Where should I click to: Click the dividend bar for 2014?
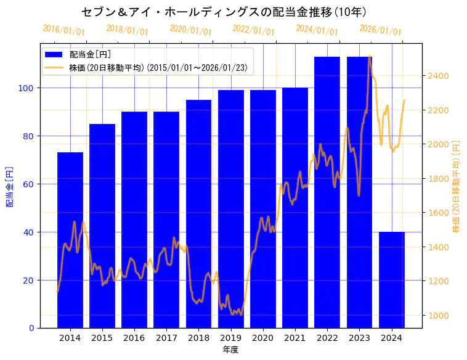click(70, 240)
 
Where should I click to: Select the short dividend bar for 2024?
click(392, 280)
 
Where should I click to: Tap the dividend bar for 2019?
click(231, 209)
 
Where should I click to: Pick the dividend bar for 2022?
click(327, 192)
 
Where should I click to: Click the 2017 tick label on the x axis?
click(166, 338)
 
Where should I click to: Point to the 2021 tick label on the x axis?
click(295, 338)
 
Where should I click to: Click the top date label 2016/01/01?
click(64, 30)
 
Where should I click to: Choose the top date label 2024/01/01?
click(317, 30)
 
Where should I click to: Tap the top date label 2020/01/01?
click(190, 30)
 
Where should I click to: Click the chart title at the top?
click(224, 12)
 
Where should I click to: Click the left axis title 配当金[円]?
click(9, 186)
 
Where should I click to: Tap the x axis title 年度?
click(230, 350)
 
